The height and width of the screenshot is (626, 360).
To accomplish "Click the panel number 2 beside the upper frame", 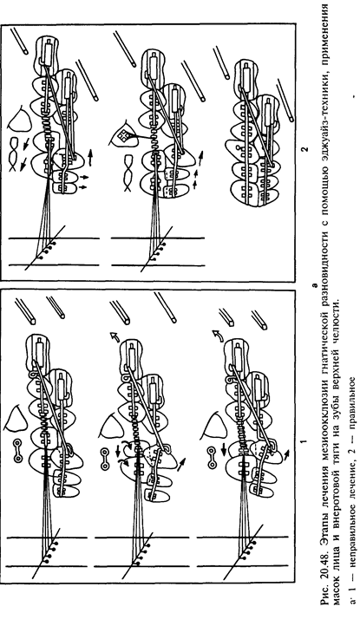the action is tap(304, 149).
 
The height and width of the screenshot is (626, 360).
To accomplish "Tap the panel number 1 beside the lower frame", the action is tap(304, 442).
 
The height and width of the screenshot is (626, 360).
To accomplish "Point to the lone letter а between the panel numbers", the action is tap(314, 286).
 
